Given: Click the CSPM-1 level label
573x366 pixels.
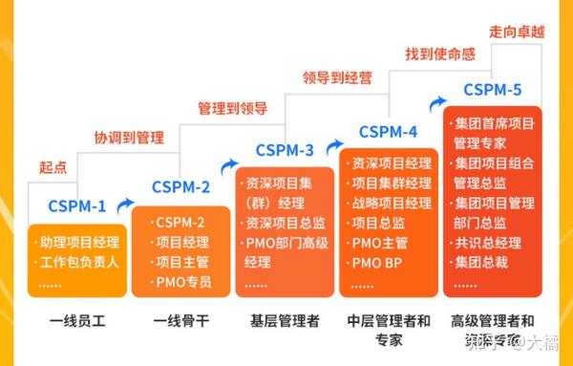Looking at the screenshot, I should (x=77, y=205).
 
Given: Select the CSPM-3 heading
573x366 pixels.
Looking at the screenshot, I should (x=285, y=150).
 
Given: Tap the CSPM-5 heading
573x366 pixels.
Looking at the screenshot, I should (x=493, y=91).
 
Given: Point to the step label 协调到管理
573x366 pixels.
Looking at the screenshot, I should (x=129, y=136).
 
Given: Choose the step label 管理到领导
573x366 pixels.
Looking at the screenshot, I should (x=232, y=107).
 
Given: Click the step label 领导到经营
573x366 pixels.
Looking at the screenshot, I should (x=336, y=77).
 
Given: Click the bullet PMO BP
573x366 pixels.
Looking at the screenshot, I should (x=379, y=263).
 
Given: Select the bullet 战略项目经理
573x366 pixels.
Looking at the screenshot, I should (x=392, y=203).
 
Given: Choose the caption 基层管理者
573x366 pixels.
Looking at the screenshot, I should (x=286, y=320).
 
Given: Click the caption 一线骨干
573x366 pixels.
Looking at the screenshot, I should (x=181, y=320).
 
